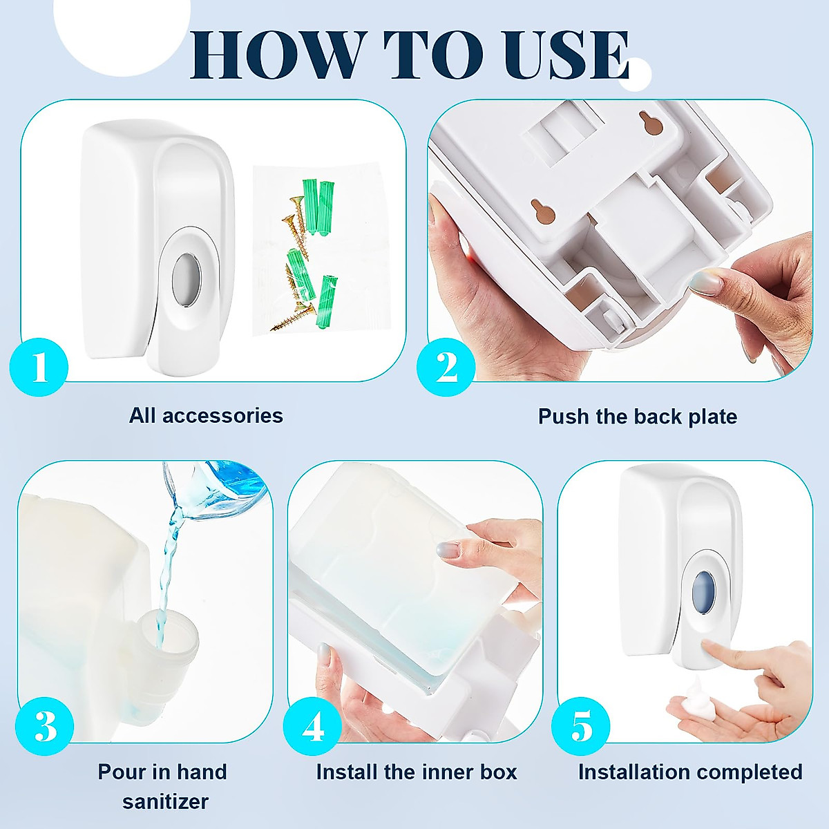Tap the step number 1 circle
coord(39,367)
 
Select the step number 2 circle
coord(446,367)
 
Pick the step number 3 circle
coord(45,726)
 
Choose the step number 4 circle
coord(312,726)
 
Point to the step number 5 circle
coord(581,726)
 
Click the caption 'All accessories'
coord(206,416)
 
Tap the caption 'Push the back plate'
coord(638,417)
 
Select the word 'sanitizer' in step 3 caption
coord(166,802)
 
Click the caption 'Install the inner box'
coord(417,772)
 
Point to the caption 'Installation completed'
coord(690,772)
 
